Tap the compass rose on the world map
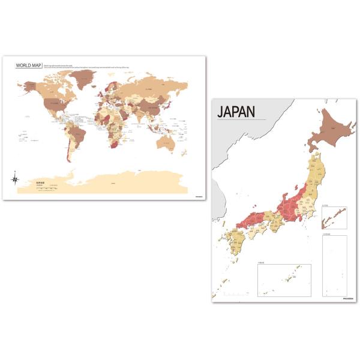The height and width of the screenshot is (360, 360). (15, 178)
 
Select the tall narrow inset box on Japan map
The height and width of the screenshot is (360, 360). (334, 264)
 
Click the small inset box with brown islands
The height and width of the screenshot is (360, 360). (334, 218)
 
